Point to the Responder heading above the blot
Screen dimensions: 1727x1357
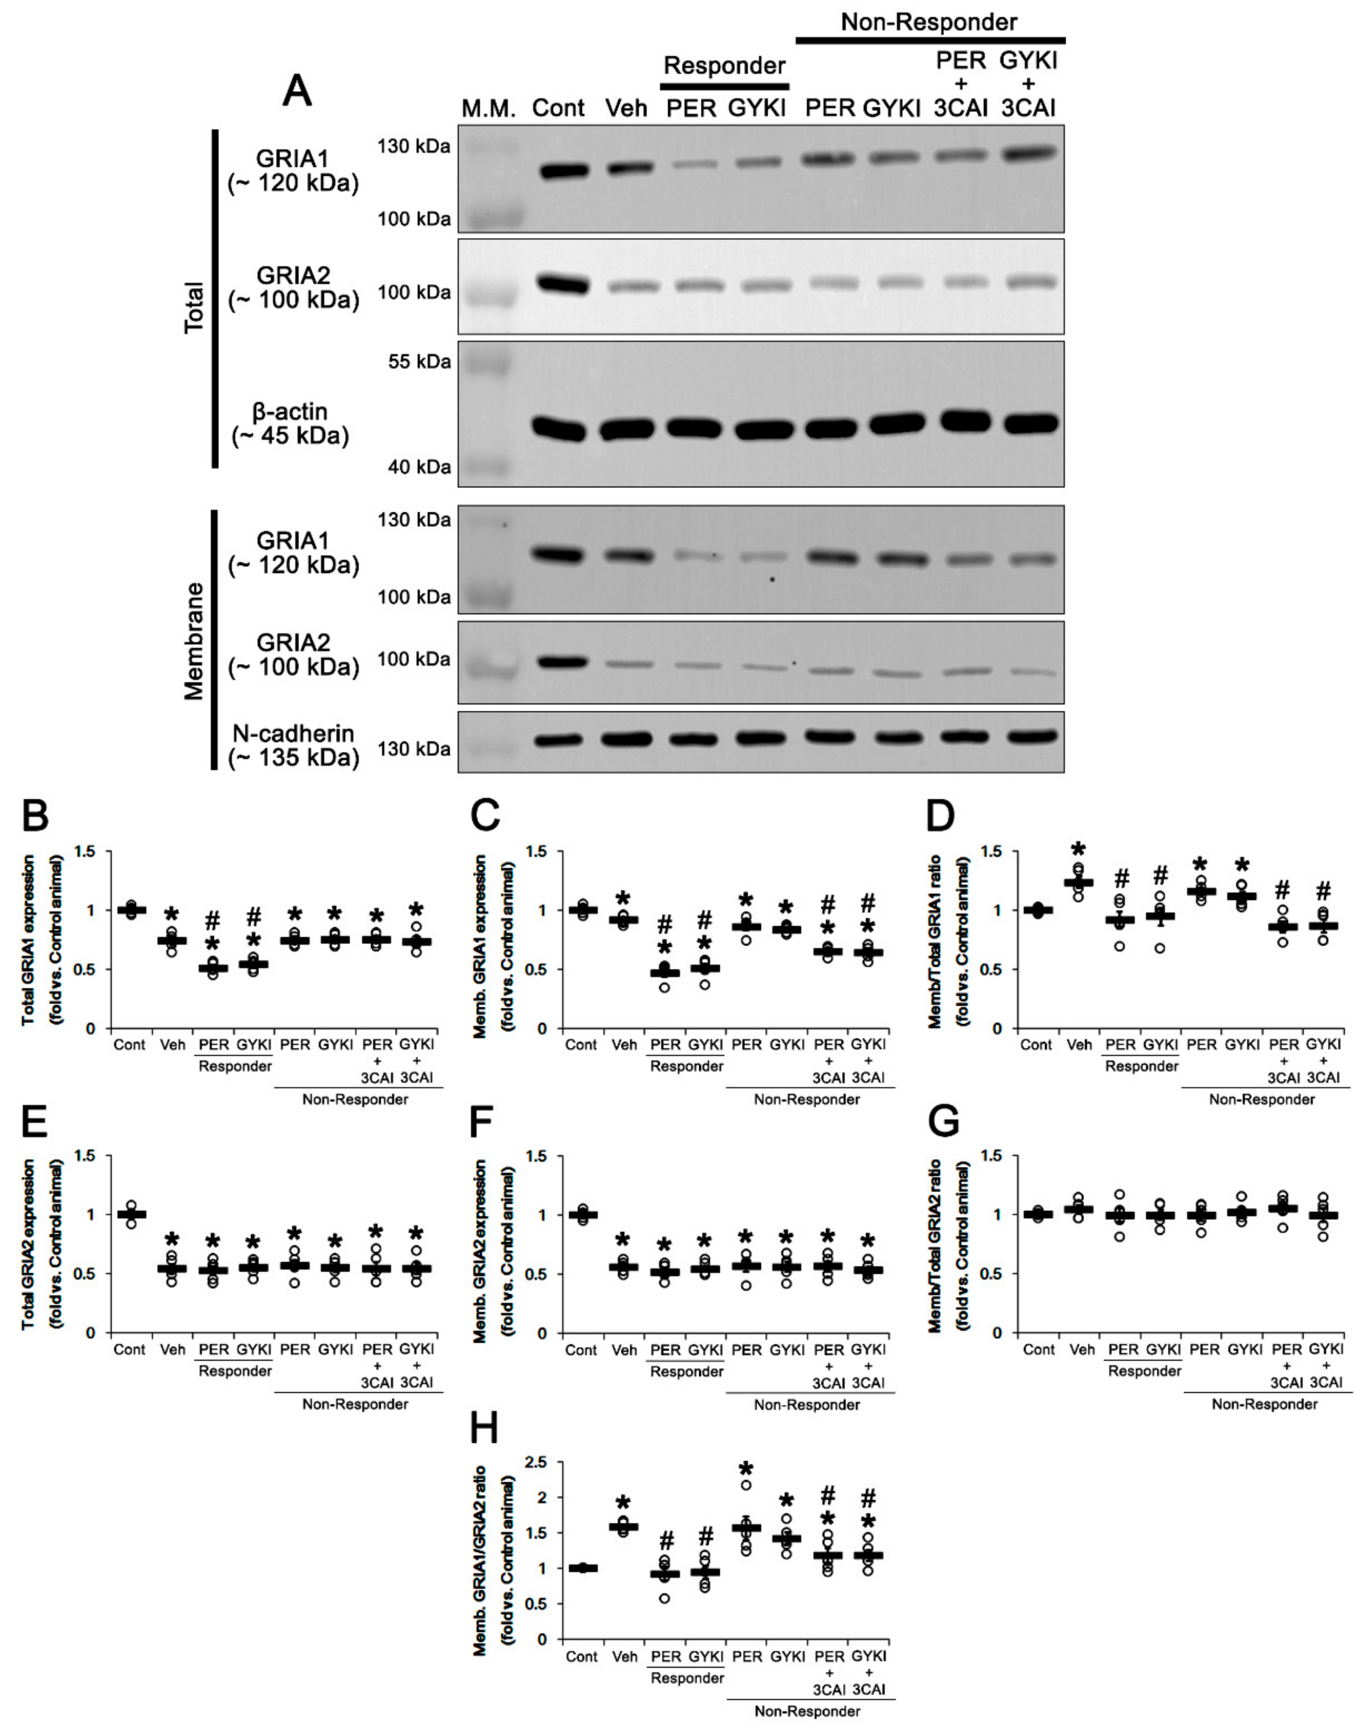coord(725,65)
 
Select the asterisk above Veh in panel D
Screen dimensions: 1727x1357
coord(1078,850)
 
